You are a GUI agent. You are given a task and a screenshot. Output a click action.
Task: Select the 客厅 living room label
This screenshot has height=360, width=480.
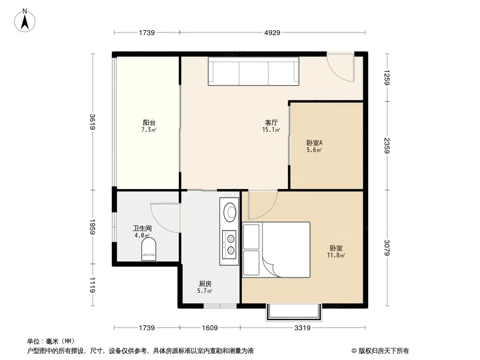coord(271,122)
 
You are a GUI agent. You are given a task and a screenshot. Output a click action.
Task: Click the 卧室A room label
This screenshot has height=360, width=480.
coord(314,143)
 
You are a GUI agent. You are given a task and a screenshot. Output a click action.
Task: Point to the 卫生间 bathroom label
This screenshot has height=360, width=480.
coord(142,229)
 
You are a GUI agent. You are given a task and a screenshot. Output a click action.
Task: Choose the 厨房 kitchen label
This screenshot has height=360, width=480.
coord(205,284)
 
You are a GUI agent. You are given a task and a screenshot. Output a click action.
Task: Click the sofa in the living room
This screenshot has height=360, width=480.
coord(254,71)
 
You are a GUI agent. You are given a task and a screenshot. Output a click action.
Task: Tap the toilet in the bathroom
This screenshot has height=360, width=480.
coord(149,249)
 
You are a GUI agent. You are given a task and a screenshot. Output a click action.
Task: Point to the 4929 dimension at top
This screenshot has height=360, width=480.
coord(272,32)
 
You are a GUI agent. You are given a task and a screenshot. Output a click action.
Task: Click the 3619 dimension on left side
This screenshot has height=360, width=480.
coord(92,122)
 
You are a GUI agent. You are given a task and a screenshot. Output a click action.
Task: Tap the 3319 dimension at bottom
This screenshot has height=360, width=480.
coord(303,328)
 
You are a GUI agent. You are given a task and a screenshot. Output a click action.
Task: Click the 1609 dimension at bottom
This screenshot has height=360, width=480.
coord(210,328)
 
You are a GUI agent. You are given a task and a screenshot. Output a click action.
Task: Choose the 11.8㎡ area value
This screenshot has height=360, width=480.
coord(336,255)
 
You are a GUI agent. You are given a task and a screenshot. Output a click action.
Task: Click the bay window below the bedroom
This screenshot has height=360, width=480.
coord(295,313)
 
